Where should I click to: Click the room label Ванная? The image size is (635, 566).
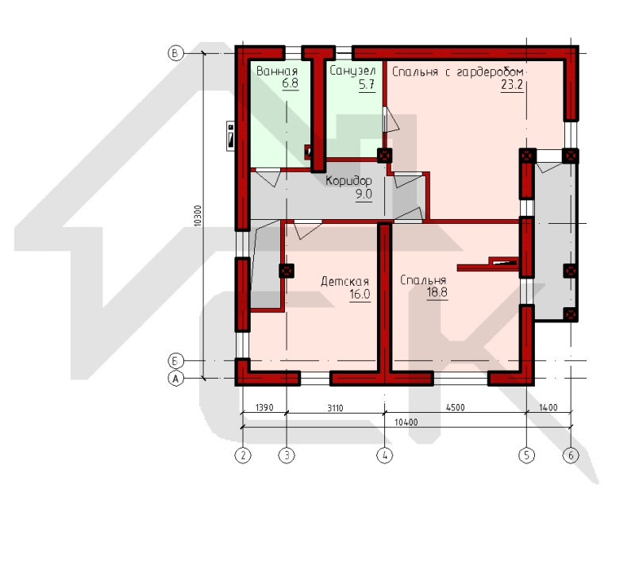click(277, 71)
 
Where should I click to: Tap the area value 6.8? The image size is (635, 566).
click(290, 83)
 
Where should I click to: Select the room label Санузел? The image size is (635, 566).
click(352, 71)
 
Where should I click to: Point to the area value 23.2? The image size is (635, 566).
click(512, 85)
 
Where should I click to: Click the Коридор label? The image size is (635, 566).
click(348, 181)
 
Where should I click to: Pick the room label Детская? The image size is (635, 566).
click(344, 281)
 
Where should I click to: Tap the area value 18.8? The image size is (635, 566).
click(437, 292)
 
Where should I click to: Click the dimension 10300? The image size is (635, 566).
click(198, 216)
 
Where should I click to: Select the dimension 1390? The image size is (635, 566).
click(264, 407)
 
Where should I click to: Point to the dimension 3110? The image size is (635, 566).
click(335, 407)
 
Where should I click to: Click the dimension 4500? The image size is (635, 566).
click(455, 407)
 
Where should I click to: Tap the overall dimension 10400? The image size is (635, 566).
click(406, 422)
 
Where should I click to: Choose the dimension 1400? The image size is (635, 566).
click(548, 407)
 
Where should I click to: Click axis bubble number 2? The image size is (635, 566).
click(243, 456)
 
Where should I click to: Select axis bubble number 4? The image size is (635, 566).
click(385, 456)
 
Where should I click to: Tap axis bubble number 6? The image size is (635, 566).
click(571, 456)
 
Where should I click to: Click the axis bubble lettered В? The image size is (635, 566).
click(175, 53)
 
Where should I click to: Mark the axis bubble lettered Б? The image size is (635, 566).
click(175, 360)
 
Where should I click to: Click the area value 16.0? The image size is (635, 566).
click(360, 295)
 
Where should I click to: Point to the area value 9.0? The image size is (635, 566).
click(364, 194)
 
